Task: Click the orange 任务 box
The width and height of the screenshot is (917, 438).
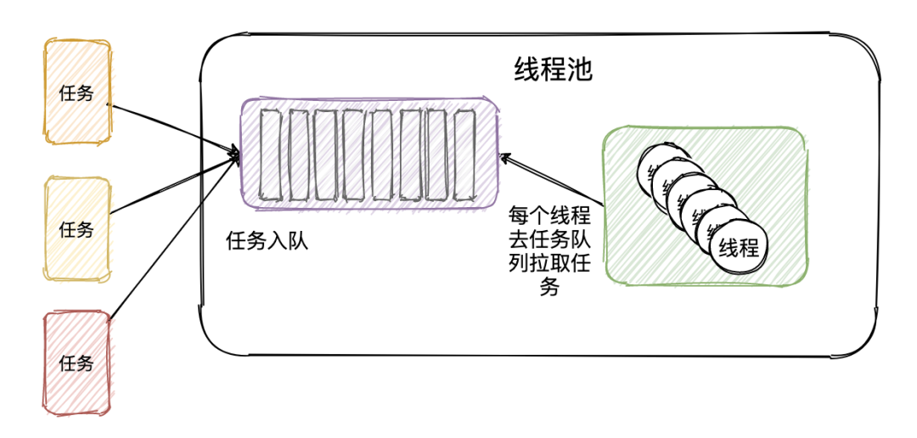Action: (76, 92)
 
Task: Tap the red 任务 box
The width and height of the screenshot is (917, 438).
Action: (76, 362)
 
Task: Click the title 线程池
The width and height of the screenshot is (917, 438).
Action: (553, 70)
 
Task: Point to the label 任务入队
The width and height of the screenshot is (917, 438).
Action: (266, 241)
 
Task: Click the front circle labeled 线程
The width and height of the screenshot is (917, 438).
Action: (737, 248)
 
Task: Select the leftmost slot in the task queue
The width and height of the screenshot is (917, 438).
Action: (270, 153)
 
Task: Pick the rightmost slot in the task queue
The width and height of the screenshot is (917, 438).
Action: (464, 153)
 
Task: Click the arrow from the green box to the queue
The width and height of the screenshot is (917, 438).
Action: (552, 180)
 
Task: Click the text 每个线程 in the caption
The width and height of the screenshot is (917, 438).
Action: (549, 215)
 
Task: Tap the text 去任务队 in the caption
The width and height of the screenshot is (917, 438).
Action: (549, 239)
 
